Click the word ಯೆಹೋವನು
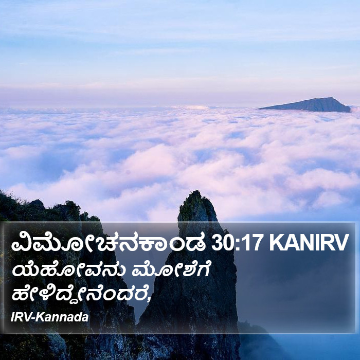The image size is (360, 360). coord(69,271)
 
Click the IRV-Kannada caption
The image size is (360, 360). coord(49,317)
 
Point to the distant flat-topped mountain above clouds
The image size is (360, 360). coord(308,105)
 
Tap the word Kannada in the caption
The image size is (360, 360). coord(63,317)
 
